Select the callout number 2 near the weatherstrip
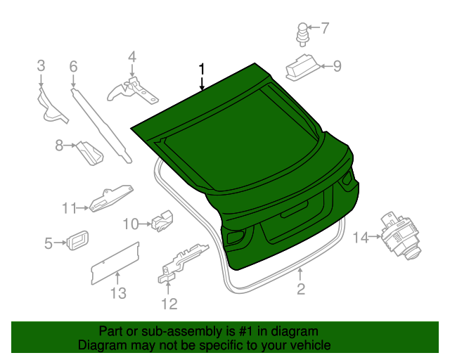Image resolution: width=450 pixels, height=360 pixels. pos(300,289)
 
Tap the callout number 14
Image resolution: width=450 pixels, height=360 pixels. pos(360,238)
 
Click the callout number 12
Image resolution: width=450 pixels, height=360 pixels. pos(169,304)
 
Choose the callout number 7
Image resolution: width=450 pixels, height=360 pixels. pos(324,29)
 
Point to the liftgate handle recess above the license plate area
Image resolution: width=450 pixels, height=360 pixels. pos(294,210)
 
